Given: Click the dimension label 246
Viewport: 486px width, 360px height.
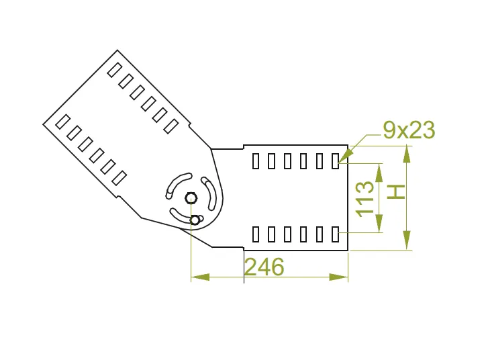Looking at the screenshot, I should point(264,267).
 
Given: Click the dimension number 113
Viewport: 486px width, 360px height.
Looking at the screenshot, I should point(364,198).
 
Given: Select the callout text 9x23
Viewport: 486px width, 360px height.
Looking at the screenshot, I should point(409,130).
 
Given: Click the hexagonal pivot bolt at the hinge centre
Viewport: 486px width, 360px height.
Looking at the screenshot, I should point(191,197).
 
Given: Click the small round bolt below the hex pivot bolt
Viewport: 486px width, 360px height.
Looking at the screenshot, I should point(195,219).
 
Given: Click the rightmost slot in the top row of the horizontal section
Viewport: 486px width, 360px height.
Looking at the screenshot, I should point(336,161).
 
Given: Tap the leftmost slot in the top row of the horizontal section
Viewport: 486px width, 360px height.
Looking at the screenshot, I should point(256,161).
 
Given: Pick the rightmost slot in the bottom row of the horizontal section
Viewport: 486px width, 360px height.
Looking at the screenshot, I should point(336,234).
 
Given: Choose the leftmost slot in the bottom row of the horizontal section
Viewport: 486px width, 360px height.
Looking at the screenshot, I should point(256,234).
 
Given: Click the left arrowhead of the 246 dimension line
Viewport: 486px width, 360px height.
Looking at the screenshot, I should point(199,277).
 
